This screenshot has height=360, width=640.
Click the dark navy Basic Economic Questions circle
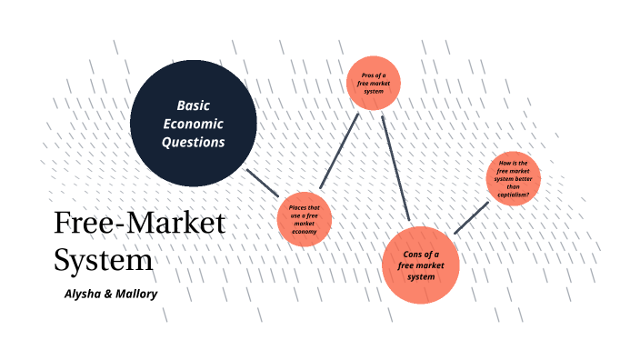click(x=193, y=123)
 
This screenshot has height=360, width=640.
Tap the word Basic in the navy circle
click(x=194, y=105)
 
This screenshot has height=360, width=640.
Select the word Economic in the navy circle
click(x=194, y=124)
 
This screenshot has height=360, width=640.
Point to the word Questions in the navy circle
click(x=194, y=142)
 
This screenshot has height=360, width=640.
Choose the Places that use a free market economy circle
click(x=305, y=219)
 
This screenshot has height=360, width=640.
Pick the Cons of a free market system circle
click(x=421, y=265)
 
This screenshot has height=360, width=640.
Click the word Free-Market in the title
click(x=139, y=224)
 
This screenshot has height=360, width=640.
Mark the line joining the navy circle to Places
click(x=265, y=181)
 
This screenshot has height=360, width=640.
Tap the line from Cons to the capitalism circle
click(x=472, y=217)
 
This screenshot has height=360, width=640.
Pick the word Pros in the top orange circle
click(x=368, y=74)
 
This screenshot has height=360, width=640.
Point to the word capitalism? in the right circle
click(x=514, y=194)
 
